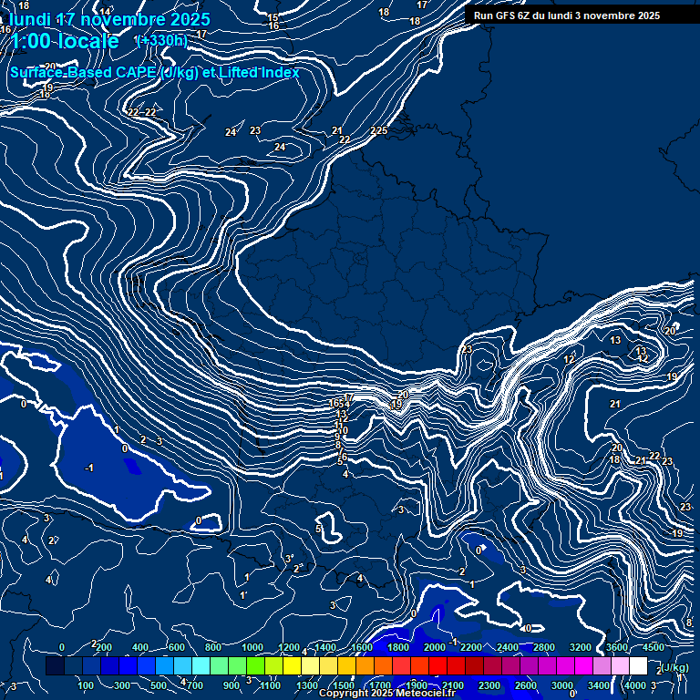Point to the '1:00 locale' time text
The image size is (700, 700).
coord(65,41)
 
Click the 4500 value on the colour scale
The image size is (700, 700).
coord(654,647)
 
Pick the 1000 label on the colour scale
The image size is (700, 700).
coord(252,647)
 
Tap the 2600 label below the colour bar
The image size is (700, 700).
coord(526,685)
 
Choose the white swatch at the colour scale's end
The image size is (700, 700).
coord(638,666)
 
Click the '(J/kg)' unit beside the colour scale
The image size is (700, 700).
coord(675,668)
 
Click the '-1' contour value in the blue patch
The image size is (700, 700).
coord(88,468)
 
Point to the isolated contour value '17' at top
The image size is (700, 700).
coord(422,5)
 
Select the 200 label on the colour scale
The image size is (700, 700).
coord(104,647)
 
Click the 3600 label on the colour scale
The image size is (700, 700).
coord(617,647)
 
